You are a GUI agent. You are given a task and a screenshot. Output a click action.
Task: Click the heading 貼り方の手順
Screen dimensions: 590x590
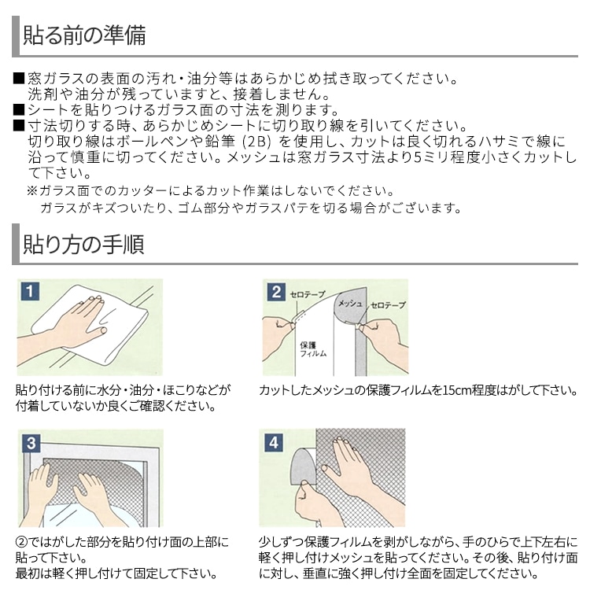tap(83, 244)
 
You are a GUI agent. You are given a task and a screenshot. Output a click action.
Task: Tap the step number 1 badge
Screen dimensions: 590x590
tap(30, 291)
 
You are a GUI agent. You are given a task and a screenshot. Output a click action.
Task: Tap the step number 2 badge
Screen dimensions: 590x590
tap(276, 292)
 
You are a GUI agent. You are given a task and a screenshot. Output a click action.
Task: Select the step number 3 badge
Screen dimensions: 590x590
tap(31, 442)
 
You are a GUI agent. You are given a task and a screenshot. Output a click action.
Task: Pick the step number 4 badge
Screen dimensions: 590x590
tap(274, 442)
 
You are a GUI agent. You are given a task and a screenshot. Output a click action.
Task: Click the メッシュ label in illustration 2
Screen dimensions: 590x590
tap(350, 304)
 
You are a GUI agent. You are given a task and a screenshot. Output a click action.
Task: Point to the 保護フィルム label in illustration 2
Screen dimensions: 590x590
tap(313, 349)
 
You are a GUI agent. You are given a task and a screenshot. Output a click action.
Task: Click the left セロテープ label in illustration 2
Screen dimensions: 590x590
tap(307, 294)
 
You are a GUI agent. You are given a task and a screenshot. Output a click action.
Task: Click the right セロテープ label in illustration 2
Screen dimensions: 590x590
tap(388, 305)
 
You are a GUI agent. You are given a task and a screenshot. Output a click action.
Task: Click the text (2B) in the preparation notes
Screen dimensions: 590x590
tap(256, 142)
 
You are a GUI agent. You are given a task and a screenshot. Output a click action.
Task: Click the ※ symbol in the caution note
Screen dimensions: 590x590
tap(32, 190)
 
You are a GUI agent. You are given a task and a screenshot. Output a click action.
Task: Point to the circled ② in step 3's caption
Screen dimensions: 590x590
tap(21, 542)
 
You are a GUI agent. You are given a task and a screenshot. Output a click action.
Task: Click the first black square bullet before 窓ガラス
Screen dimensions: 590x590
tap(19, 78)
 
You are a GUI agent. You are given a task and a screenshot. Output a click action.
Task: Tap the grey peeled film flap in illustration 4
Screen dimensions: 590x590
tap(304, 465)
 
